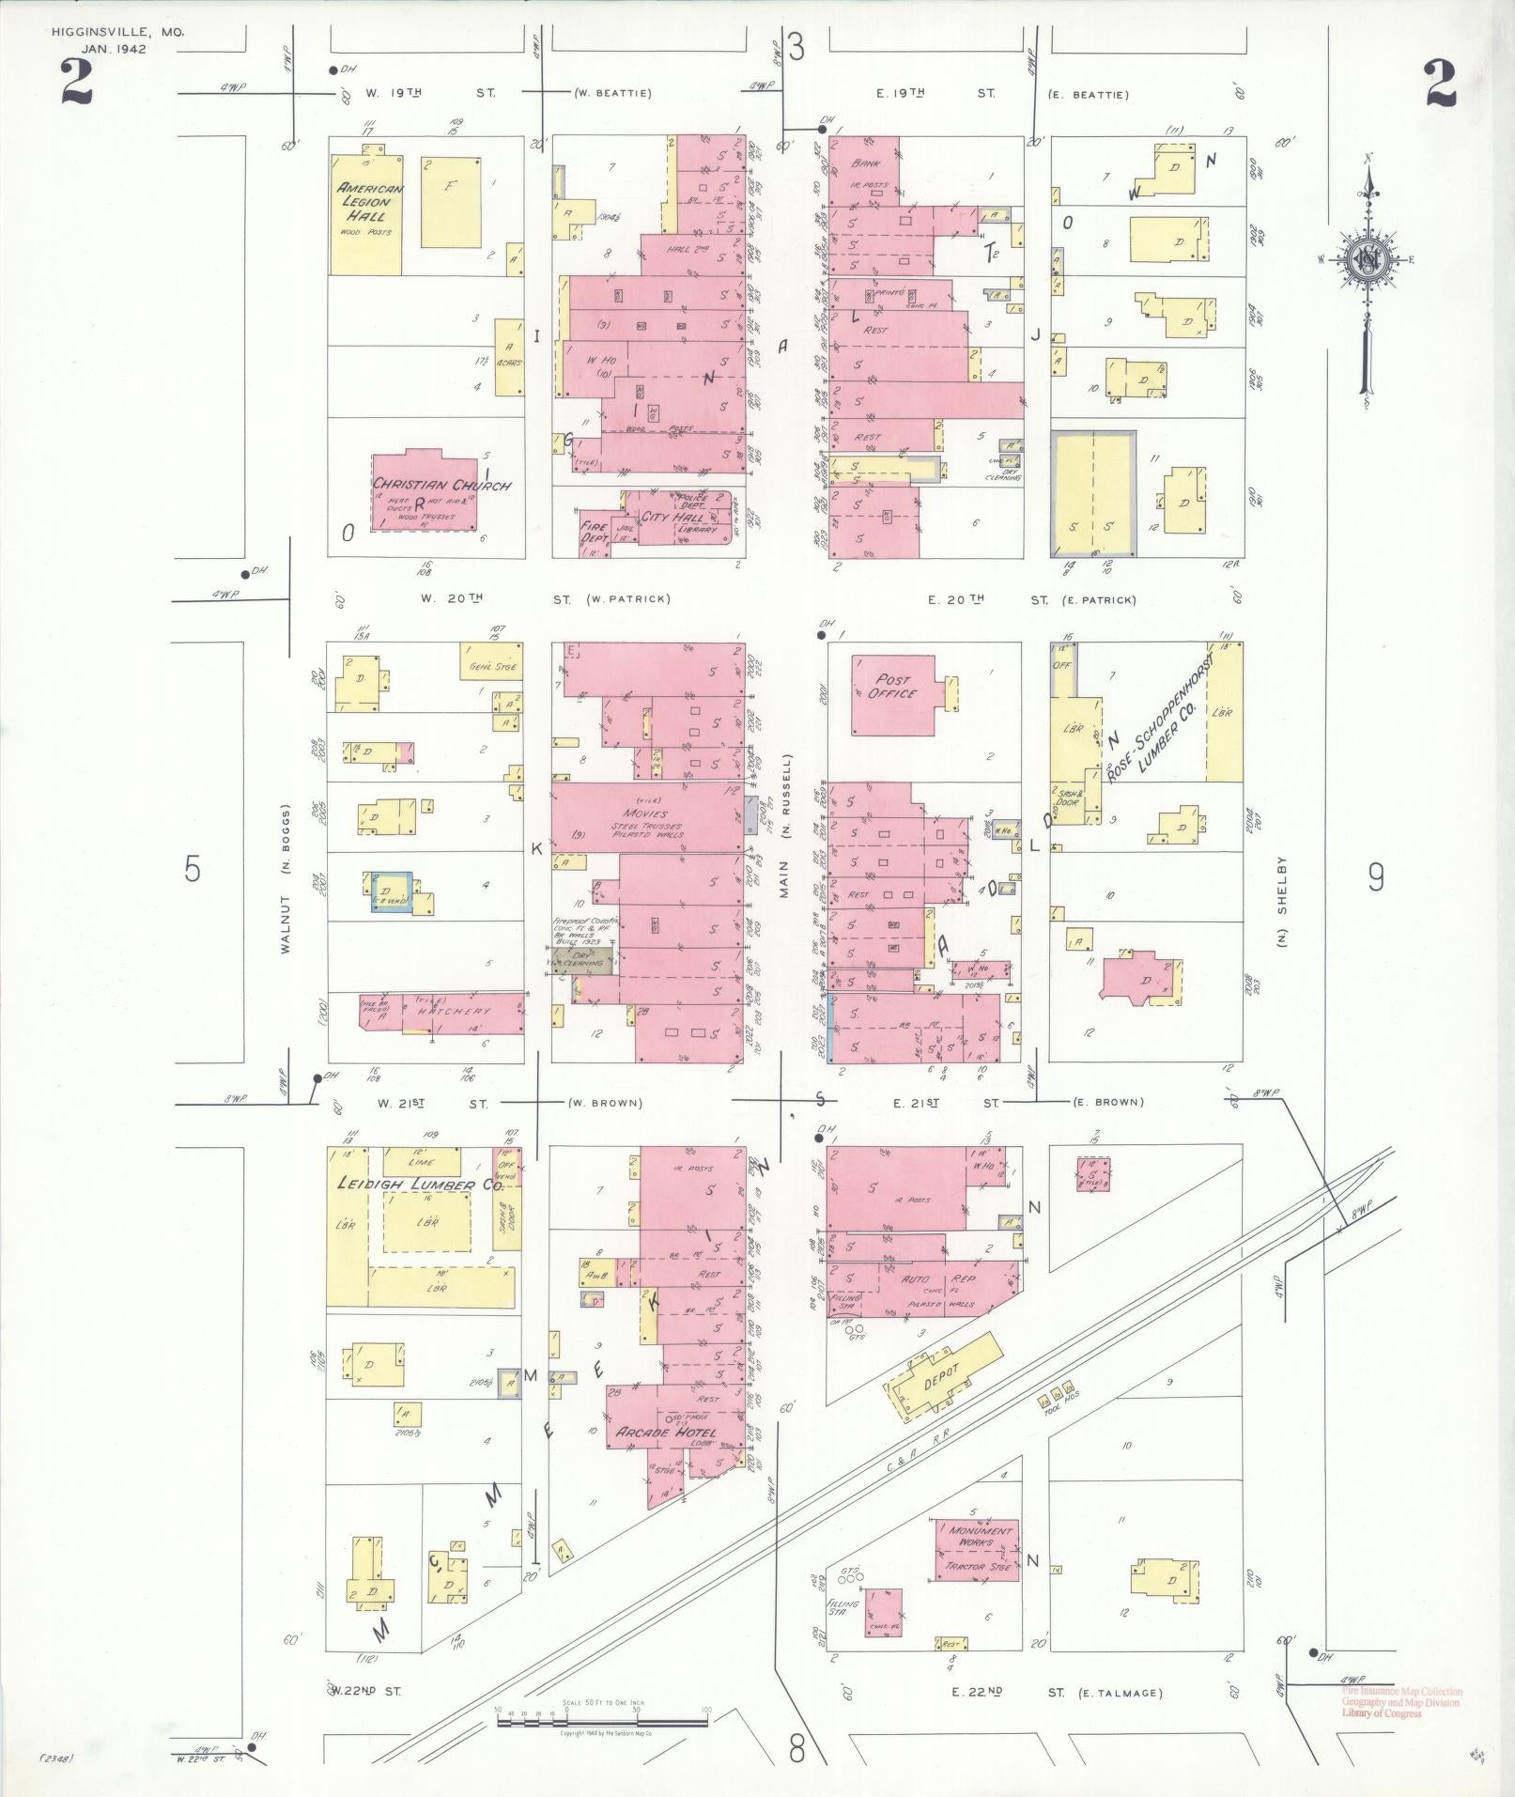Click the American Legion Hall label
click(x=370, y=202)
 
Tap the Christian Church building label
click(x=441, y=486)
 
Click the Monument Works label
click(x=979, y=1537)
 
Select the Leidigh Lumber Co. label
click(x=420, y=1185)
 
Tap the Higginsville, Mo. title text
click(x=118, y=32)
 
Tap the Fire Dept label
click(x=594, y=533)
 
